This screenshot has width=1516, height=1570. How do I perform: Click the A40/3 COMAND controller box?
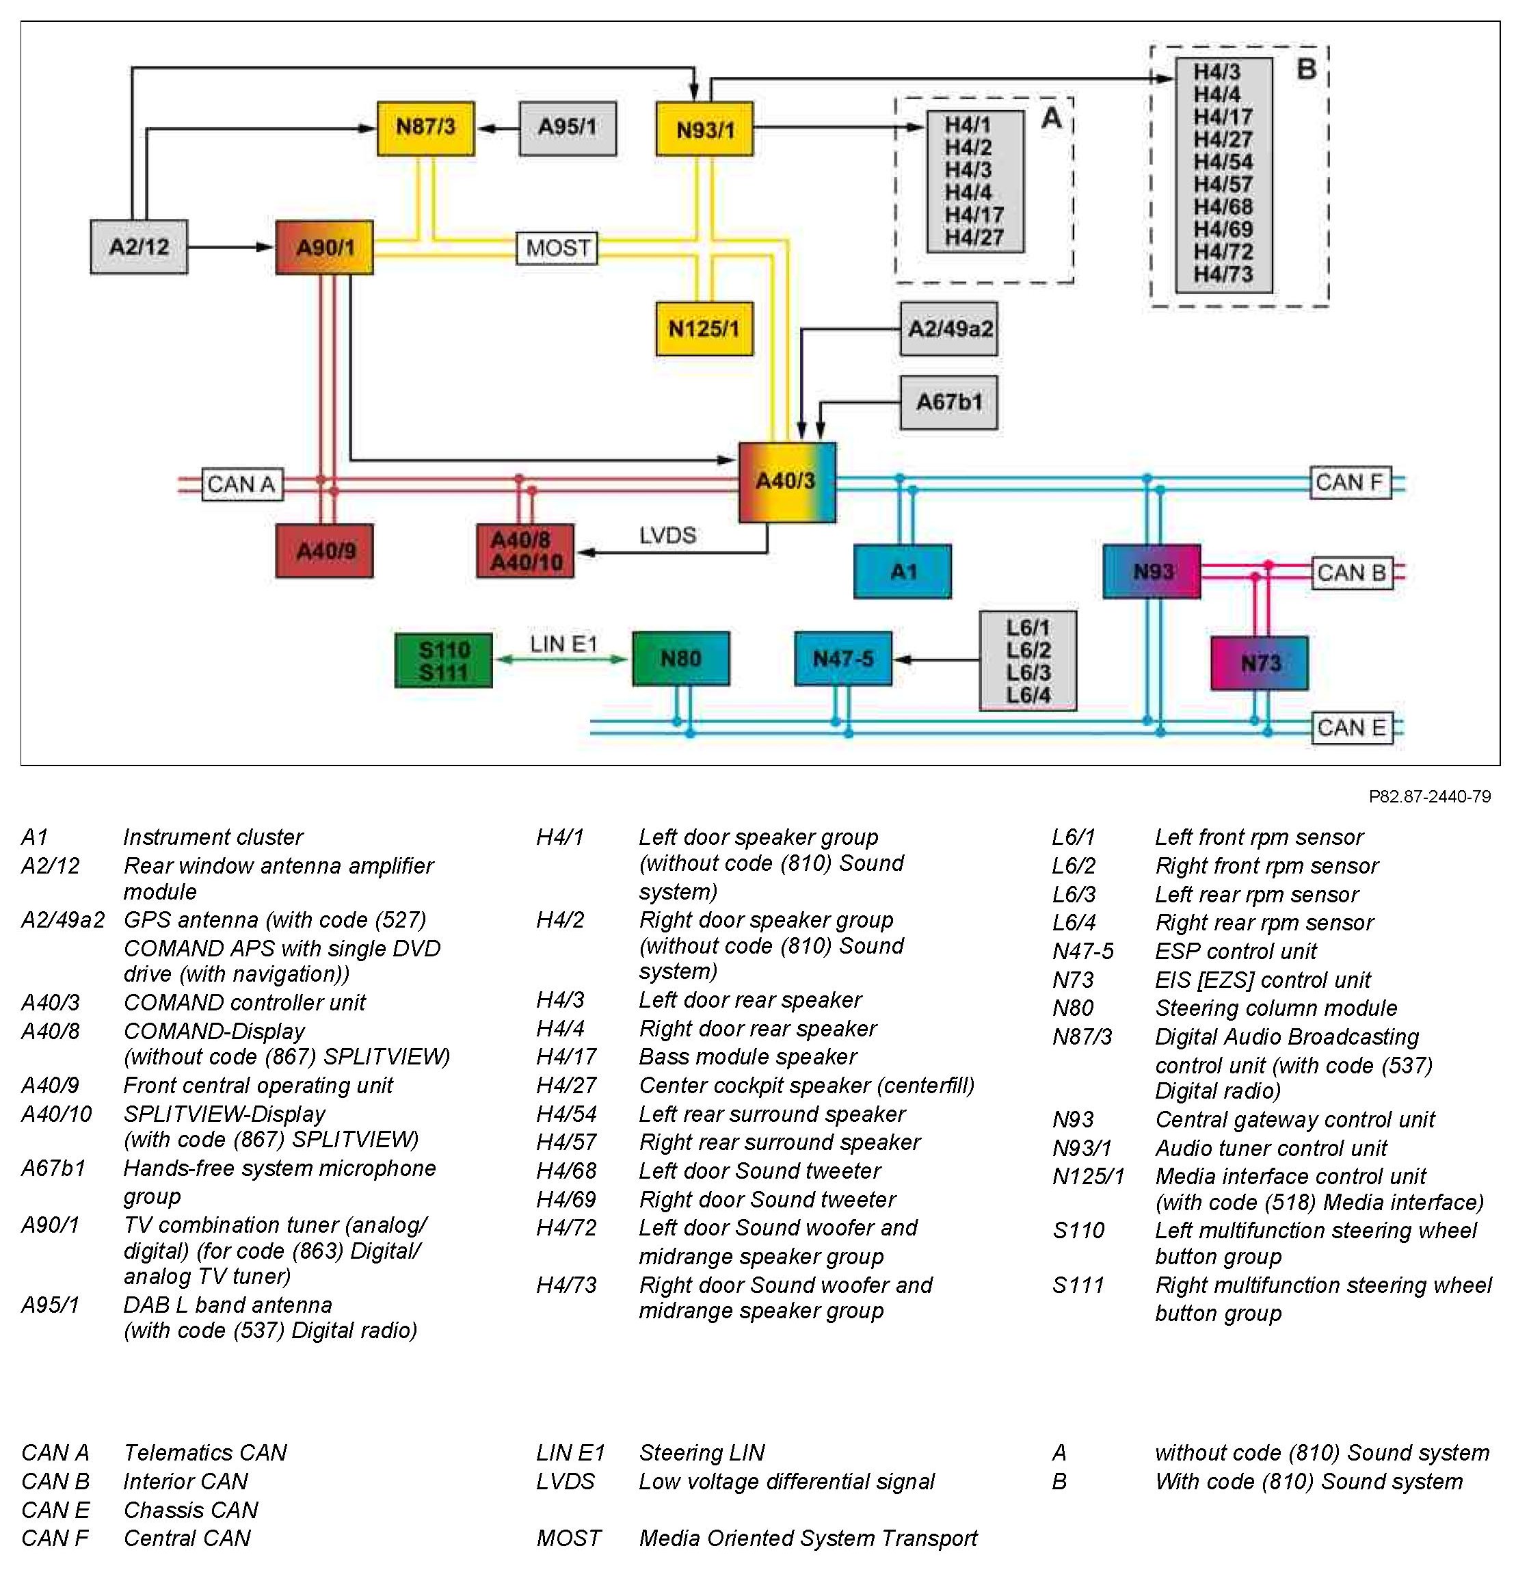[x=786, y=482]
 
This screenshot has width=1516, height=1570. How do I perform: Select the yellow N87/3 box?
[x=425, y=127]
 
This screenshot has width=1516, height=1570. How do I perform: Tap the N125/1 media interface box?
[x=704, y=328]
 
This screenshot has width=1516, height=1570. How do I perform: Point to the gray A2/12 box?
[x=139, y=247]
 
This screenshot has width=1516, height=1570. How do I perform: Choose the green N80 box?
[x=680, y=658]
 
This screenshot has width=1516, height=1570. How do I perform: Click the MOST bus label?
[x=557, y=248]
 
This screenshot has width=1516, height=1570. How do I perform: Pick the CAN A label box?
[x=241, y=484]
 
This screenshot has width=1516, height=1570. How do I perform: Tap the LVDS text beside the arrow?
[x=667, y=535]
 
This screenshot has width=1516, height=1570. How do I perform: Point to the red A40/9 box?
[x=324, y=551]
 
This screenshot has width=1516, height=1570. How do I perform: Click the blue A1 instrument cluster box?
[x=903, y=571]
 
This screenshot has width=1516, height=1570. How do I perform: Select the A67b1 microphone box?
[x=948, y=402]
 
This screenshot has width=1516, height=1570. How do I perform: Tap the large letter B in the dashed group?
[x=1305, y=69]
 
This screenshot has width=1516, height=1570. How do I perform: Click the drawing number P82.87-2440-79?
[x=1430, y=796]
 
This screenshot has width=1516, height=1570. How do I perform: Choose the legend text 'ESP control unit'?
[x=1235, y=951]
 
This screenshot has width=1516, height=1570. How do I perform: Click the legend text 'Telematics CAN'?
[x=205, y=1452]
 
